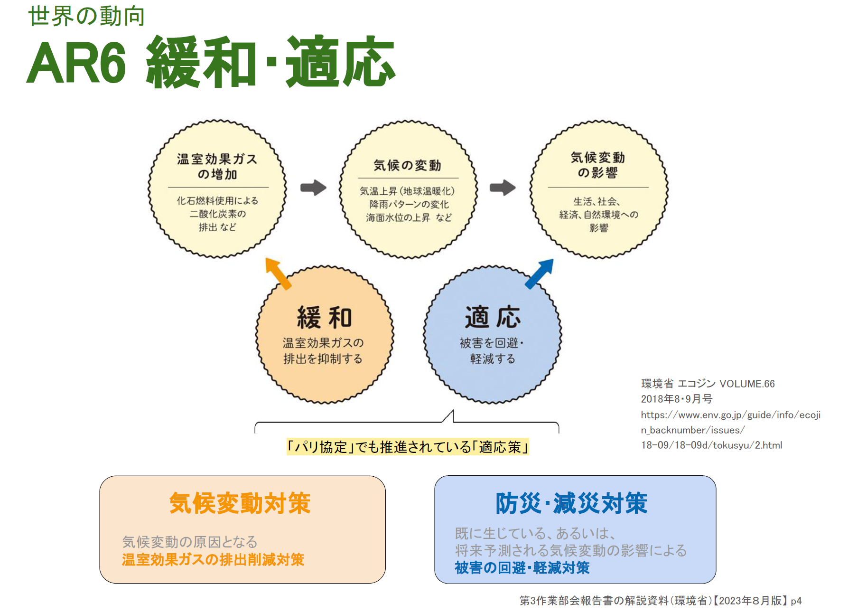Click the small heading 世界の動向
pyautogui.click(x=86, y=16)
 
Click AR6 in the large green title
pyautogui.click(x=76, y=63)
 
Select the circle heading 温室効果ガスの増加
pyautogui.click(x=217, y=166)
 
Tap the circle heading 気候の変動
pyautogui.click(x=407, y=165)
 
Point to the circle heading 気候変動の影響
pyautogui.click(x=597, y=165)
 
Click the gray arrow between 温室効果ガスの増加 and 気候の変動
pyautogui.click(x=313, y=188)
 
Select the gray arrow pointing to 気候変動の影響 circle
pyautogui.click(x=503, y=188)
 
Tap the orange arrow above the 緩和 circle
pyautogui.click(x=278, y=273)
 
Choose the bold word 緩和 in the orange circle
pyautogui.click(x=324, y=318)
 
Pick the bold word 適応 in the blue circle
pyautogui.click(x=493, y=317)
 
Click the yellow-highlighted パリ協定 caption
pyautogui.click(x=407, y=447)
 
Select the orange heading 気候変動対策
pyautogui.click(x=240, y=503)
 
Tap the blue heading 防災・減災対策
pyautogui.click(x=571, y=503)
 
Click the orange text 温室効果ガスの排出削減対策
pyautogui.click(x=213, y=560)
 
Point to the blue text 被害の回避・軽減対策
pyautogui.click(x=522, y=568)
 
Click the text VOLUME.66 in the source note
pyautogui.click(x=747, y=384)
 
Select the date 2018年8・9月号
pyautogui.click(x=676, y=399)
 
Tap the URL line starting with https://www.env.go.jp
pyautogui.click(x=730, y=415)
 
